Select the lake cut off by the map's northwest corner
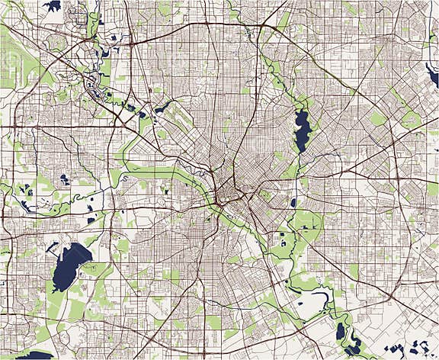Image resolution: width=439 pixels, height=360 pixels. coord(52,6)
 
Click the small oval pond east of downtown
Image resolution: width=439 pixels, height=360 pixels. coord(293,203)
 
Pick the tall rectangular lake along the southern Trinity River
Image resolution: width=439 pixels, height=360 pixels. coord(341,331)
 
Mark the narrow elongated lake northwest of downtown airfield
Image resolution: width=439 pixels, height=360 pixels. coord(160,108)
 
